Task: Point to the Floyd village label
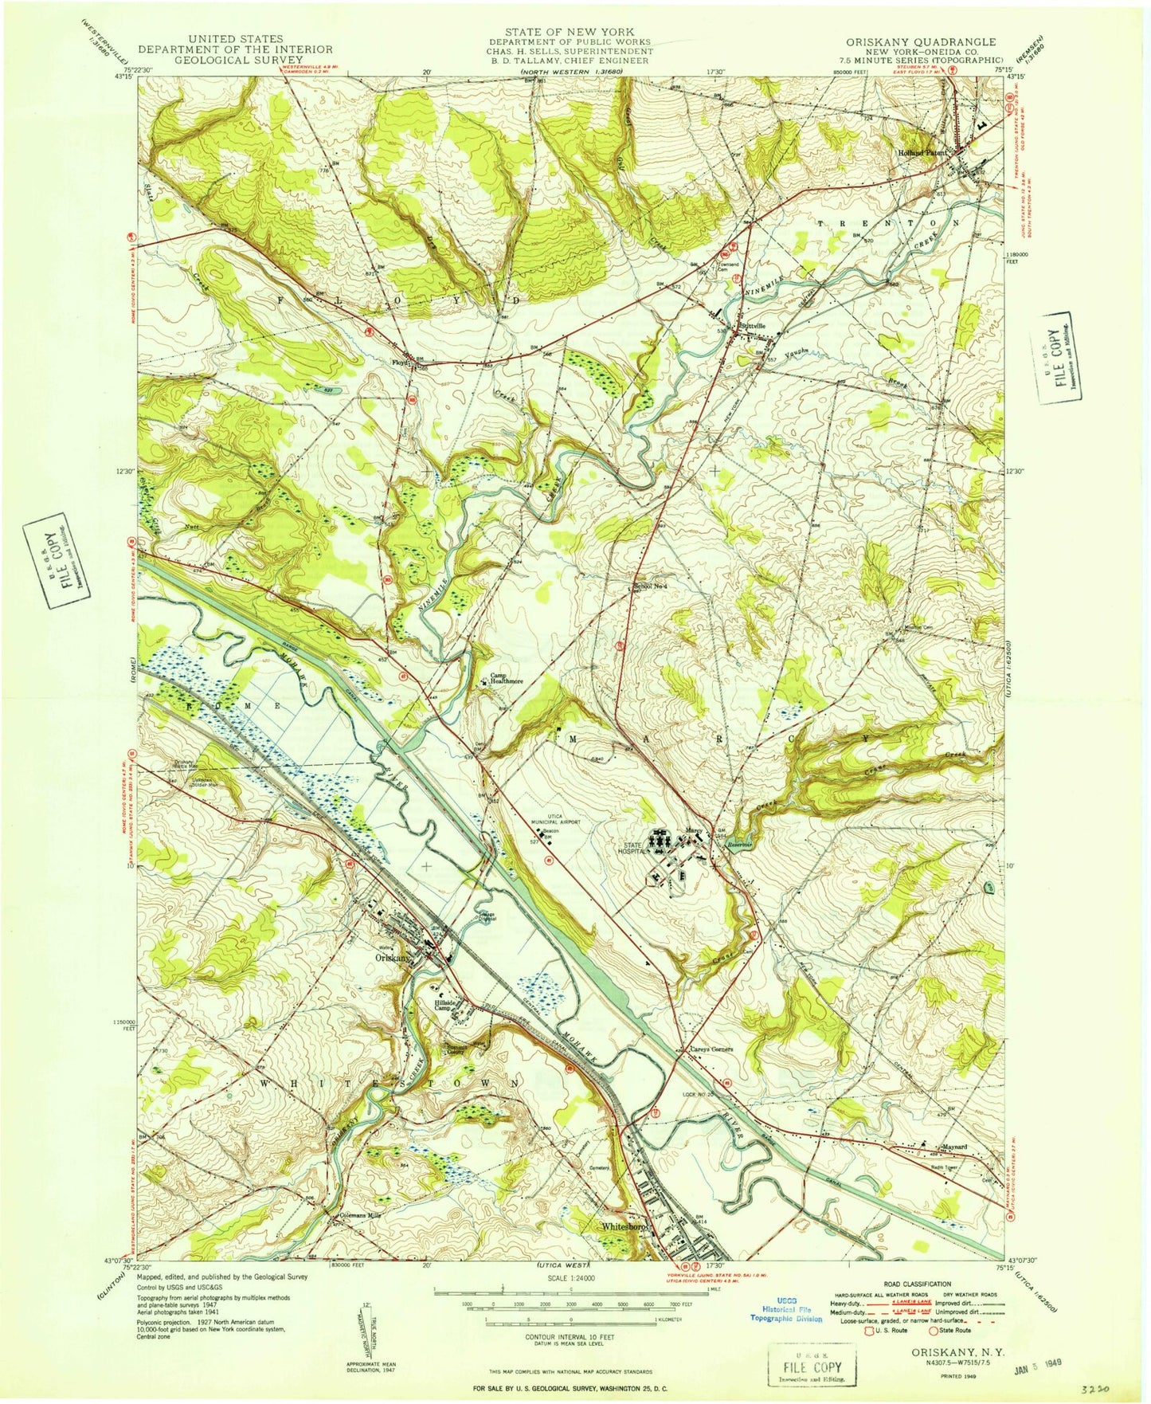coord(399,363)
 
